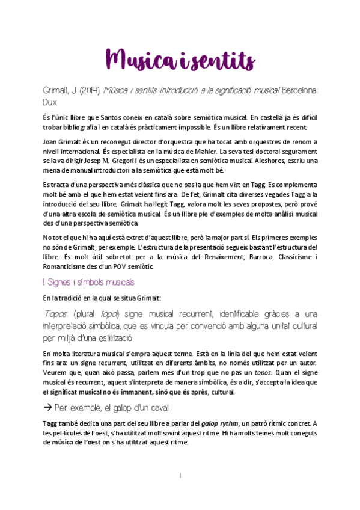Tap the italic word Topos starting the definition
click(x=56, y=313)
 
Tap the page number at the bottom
click(x=180, y=475)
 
